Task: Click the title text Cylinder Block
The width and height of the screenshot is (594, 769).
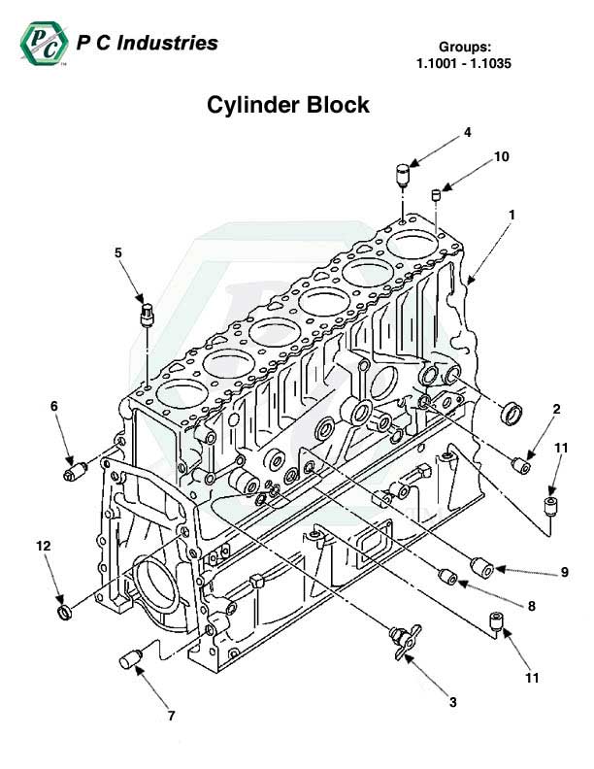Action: [288, 105]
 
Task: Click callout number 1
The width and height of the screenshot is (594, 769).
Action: [511, 214]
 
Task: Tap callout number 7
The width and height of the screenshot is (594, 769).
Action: [171, 717]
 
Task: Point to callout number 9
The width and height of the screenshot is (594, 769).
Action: [564, 573]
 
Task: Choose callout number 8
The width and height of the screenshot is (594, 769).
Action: [531, 607]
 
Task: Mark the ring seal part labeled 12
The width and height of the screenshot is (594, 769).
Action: [65, 615]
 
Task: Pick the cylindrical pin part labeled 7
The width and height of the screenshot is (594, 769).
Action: [130, 661]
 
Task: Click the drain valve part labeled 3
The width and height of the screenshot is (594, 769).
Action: [398, 641]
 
